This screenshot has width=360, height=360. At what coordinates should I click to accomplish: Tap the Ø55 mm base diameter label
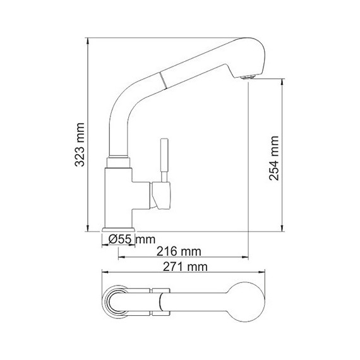click(131, 239)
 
